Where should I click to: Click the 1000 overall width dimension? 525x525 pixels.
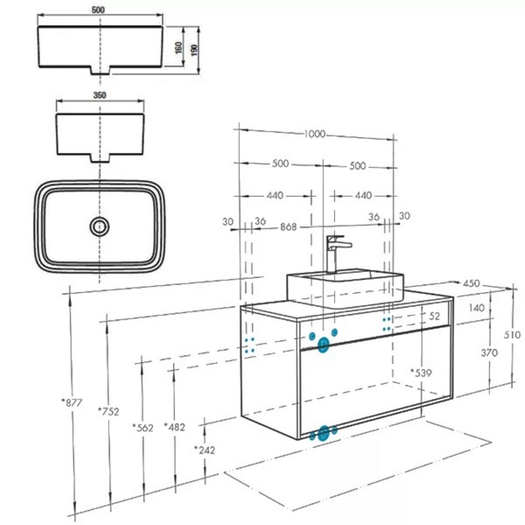(x=314, y=134)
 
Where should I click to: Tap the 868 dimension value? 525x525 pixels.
(x=288, y=227)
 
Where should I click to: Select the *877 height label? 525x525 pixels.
(x=71, y=402)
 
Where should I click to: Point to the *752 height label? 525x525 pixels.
(x=108, y=411)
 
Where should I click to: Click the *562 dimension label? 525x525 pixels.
(x=143, y=427)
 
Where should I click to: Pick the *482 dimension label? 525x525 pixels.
(x=174, y=427)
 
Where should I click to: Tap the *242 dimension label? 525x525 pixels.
(x=204, y=450)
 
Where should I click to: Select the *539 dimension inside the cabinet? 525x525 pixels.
(x=421, y=372)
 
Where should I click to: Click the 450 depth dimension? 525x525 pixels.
(x=471, y=283)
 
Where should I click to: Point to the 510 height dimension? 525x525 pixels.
(x=512, y=334)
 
